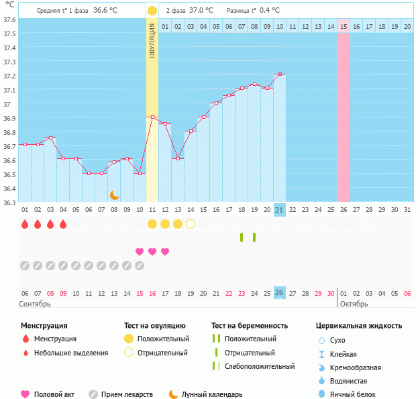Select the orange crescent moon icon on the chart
coord(115,195)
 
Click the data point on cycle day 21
coord(279,74)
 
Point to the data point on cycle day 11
coord(152,117)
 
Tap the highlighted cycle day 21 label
coord(280,210)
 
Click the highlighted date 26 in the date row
coord(280,293)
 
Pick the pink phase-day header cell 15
coord(344,26)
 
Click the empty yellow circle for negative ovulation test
coord(191,224)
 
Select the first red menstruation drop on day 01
coord(25,224)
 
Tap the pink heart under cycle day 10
coord(140,251)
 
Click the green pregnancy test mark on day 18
coord(242,237)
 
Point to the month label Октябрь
coord(354,304)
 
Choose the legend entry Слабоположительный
coord(260,366)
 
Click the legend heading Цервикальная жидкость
coord(359,326)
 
